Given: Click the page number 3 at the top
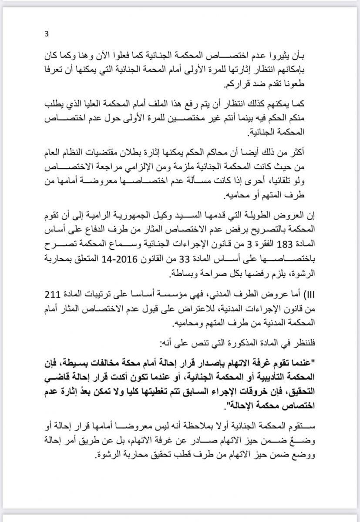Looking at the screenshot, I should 47,35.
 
